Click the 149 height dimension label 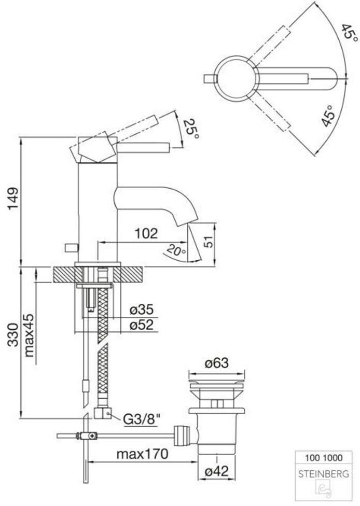[x=14, y=199]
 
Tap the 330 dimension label [x=14, y=334]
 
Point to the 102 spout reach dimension [x=146, y=233]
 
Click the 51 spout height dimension [x=209, y=241]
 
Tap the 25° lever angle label [x=191, y=129]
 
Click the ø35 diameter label [x=142, y=310]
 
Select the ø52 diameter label [x=142, y=325]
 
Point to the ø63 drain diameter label [x=217, y=363]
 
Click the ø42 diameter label [x=217, y=471]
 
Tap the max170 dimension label [x=142, y=454]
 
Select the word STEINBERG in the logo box [x=323, y=474]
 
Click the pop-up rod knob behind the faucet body [x=72, y=248]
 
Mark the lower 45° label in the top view [x=329, y=116]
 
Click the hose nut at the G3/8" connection [x=103, y=413]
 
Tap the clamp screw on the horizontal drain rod [x=93, y=437]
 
